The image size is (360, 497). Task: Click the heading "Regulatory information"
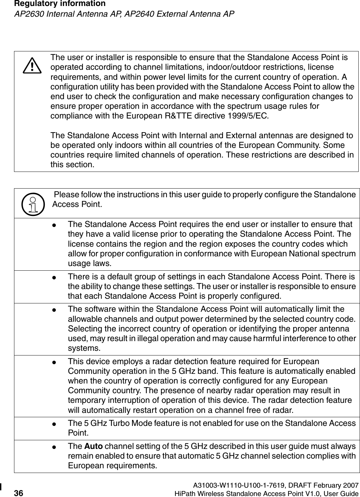pos(53,4)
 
